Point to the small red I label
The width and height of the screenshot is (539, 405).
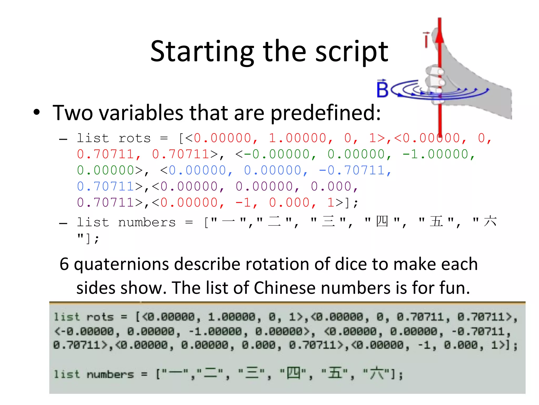pyautogui.click(x=426, y=40)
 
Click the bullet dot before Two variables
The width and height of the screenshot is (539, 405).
pyautogui.click(x=37, y=112)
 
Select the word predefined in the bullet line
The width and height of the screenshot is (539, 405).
pyautogui.click(x=326, y=113)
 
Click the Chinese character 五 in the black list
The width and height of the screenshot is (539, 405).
pyautogui.click(x=436, y=221)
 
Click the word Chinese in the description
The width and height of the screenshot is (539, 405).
pyautogui.click(x=285, y=288)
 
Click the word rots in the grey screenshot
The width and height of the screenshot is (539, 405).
pyautogui.click(x=100, y=317)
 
